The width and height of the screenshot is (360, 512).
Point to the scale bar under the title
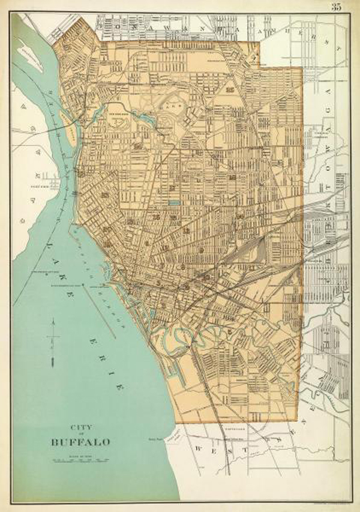pos(78,460)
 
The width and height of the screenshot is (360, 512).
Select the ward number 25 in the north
pos(230,90)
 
